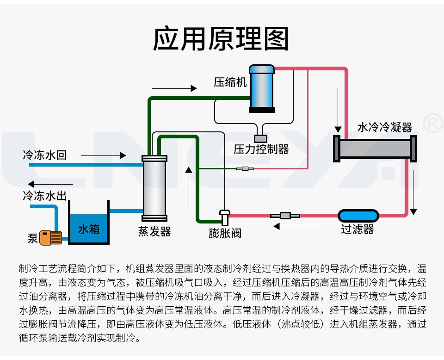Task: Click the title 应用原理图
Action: [x=221, y=39]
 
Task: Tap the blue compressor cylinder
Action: [x=262, y=88]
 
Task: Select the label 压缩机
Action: [x=230, y=82]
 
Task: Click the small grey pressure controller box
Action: [x=260, y=138]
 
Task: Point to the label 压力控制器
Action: [x=261, y=149]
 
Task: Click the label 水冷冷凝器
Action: [x=385, y=127]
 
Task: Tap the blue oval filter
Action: [x=358, y=215]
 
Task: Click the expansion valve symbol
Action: [x=224, y=215]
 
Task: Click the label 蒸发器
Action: [x=154, y=231]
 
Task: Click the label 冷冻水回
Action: [x=45, y=155]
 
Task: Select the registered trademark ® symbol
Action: [x=433, y=123]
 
